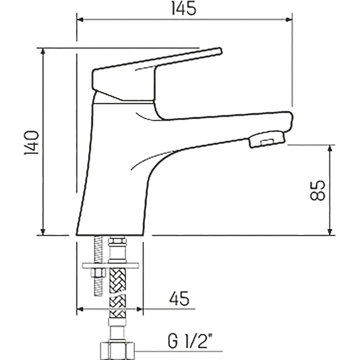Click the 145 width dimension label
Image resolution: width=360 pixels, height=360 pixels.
[184, 9]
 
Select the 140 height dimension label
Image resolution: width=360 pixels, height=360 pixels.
[31, 143]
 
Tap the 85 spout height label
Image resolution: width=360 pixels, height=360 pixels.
[318, 190]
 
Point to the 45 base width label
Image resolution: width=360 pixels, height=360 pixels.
[179, 298]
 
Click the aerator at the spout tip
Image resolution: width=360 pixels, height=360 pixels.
[266, 139]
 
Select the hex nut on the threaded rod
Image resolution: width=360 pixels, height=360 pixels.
[98, 273]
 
